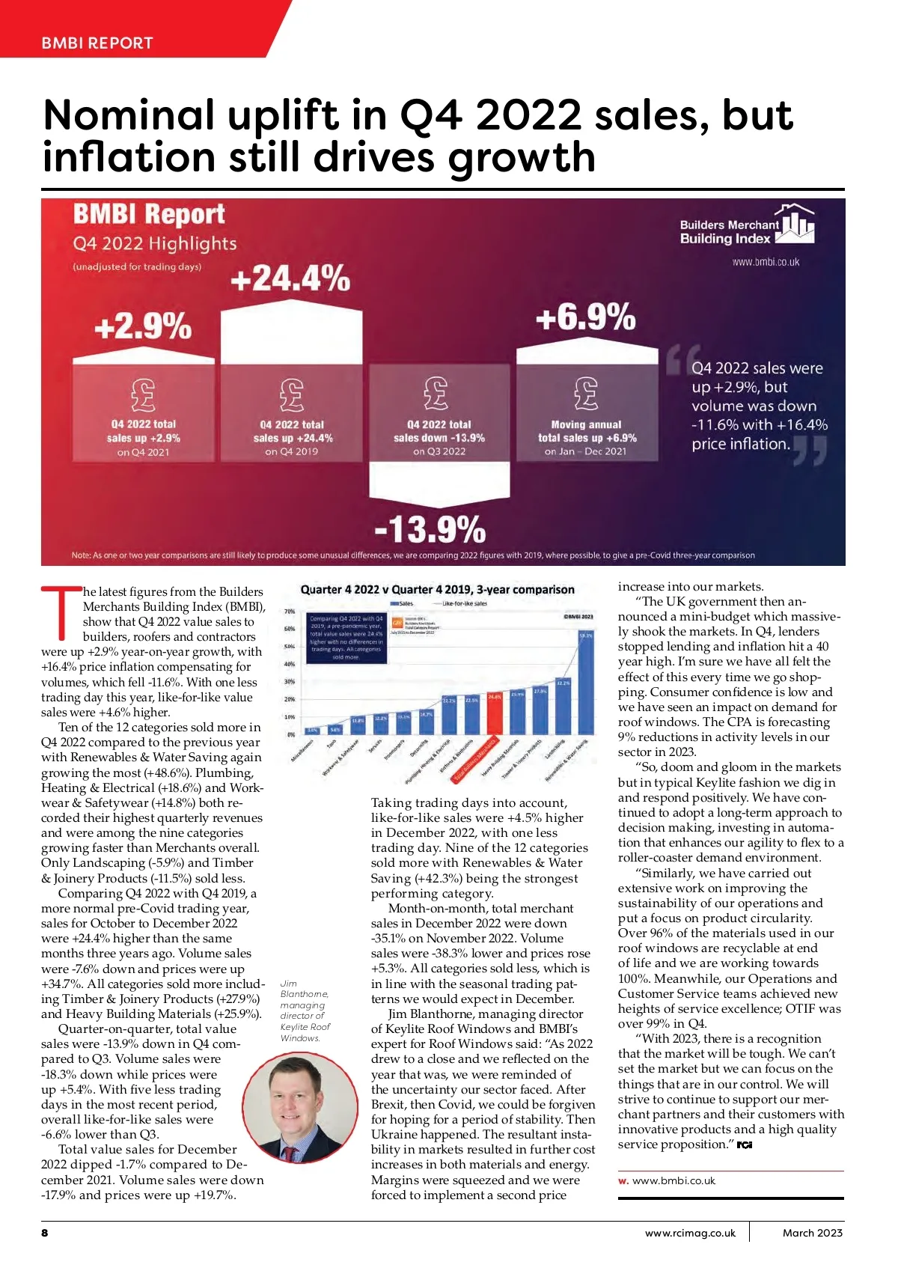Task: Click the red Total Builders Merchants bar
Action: point(495,714)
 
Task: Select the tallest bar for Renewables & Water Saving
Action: point(586,683)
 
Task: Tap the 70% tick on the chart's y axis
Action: point(290,612)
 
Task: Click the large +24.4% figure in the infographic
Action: point(290,278)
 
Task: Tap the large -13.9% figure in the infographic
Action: point(430,528)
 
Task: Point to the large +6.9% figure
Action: point(585,317)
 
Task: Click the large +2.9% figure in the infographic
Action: point(143,326)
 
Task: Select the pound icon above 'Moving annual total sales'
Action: point(587,393)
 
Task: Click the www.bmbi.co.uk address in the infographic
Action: point(765,262)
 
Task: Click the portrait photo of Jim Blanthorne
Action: point(299,1108)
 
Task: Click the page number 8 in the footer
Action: point(45,1232)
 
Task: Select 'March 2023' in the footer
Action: point(812,1232)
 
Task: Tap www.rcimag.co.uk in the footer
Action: point(690,1232)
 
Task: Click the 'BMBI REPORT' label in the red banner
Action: point(97,43)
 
